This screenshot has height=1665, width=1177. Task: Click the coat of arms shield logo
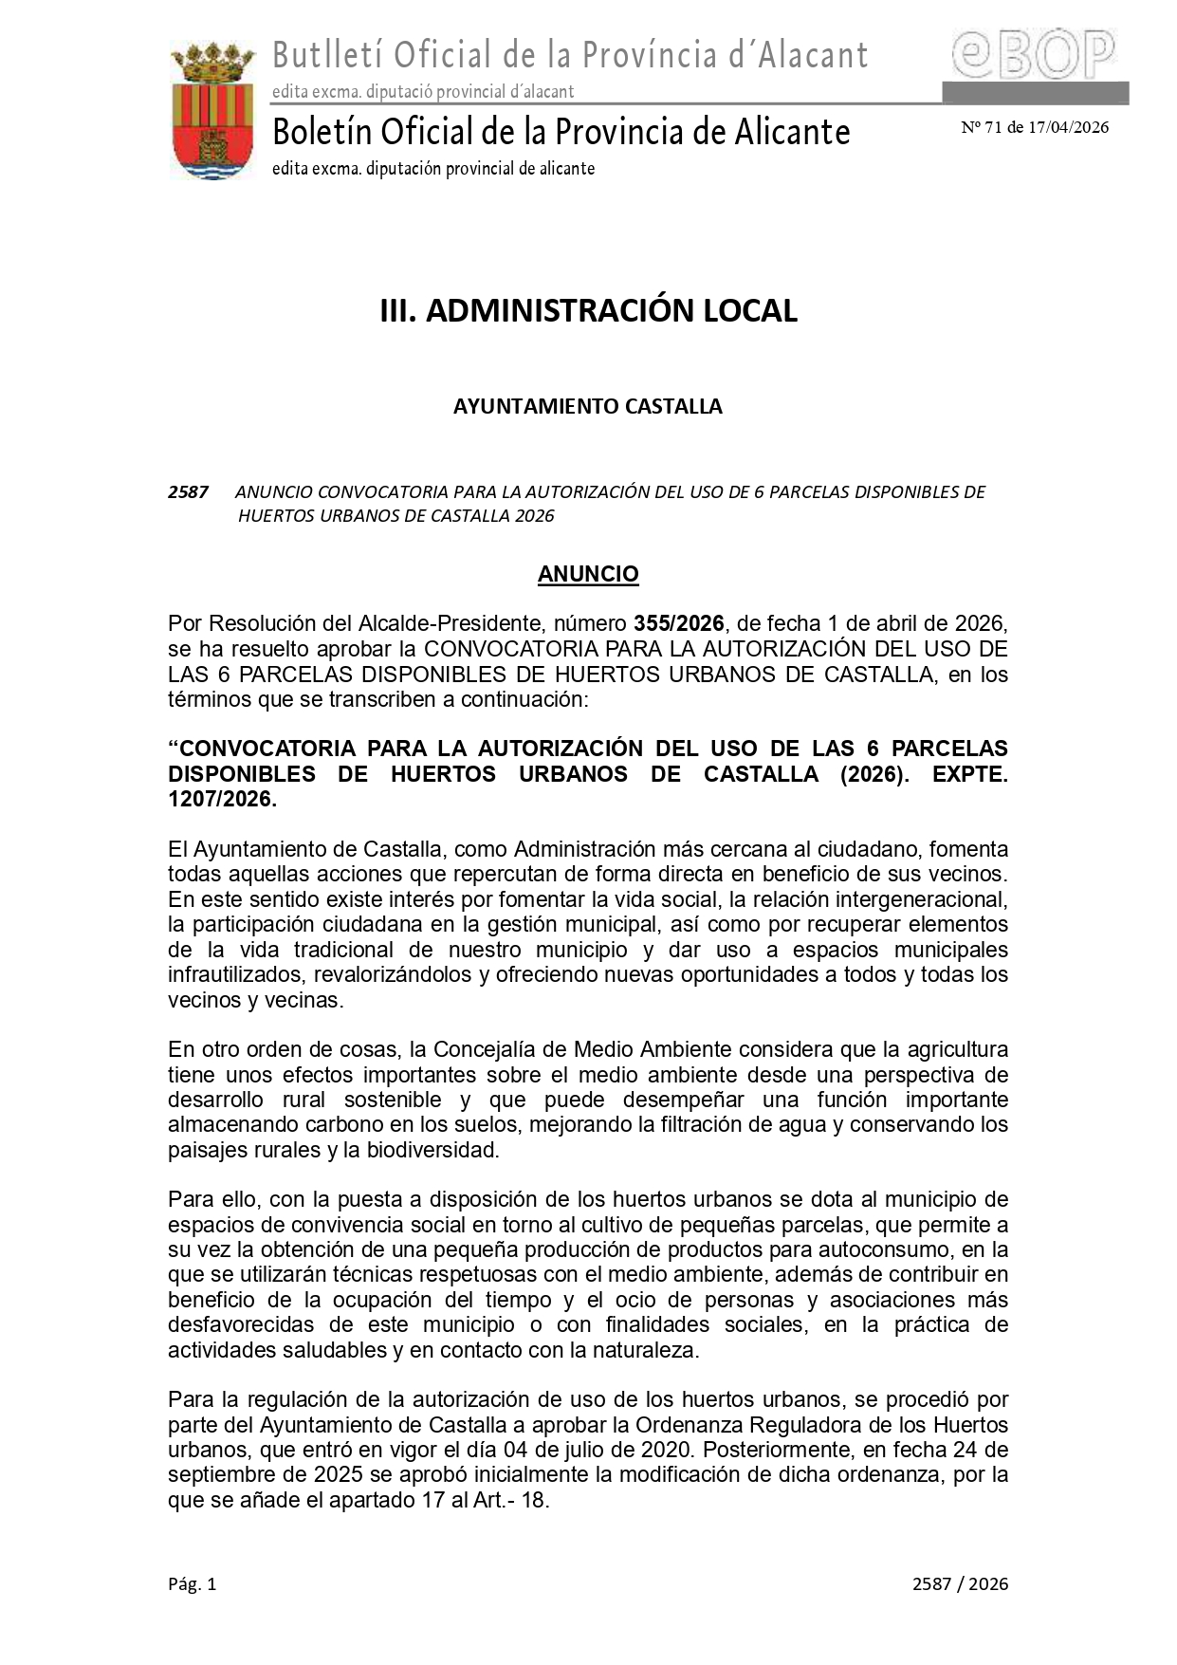click(x=212, y=111)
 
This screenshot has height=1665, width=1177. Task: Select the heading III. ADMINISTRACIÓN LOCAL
click(x=588, y=310)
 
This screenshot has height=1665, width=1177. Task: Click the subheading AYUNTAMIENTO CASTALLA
click(x=587, y=406)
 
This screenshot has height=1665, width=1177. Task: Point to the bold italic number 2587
click(x=188, y=491)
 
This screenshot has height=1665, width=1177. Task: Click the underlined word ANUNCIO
click(x=588, y=574)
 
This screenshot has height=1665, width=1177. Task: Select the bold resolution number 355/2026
click(x=678, y=623)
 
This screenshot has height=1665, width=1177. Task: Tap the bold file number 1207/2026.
click(x=222, y=799)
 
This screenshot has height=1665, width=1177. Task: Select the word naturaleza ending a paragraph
click(x=651, y=1350)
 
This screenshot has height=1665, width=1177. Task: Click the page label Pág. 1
click(x=193, y=1583)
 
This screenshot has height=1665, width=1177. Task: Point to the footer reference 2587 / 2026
click(x=960, y=1583)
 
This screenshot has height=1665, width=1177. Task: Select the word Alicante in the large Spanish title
click(x=792, y=132)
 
